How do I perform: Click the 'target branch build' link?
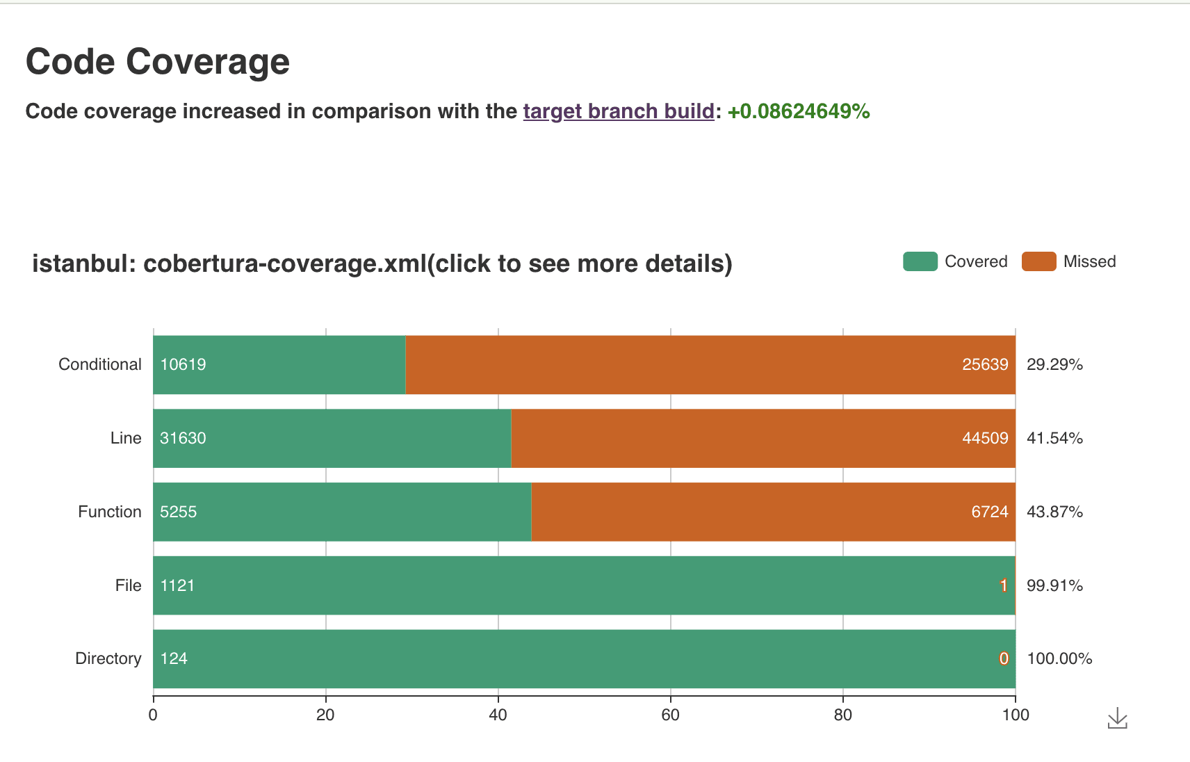coord(618,111)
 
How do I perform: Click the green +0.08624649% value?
coord(798,111)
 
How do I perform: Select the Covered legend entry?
coord(956,261)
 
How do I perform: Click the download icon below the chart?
coord(1117,718)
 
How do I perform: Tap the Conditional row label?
coord(99,364)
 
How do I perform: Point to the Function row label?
coord(109,512)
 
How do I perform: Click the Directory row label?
coord(108,658)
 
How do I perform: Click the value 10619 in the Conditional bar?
coord(183,364)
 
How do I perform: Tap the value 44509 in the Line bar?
coord(984,438)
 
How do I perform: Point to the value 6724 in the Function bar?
coord(989,512)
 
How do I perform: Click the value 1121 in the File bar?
coord(177,585)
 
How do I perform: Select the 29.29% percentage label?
coord(1054,364)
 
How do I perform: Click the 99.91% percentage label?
coord(1054,585)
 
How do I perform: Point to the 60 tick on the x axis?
coord(670,715)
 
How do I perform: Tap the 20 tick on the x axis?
coord(325,715)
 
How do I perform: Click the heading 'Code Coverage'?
coord(158,61)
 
